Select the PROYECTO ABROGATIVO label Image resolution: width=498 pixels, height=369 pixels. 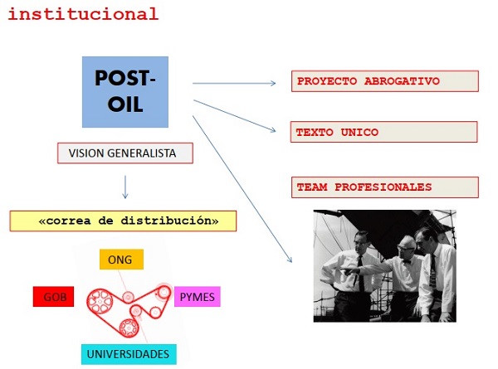tap(385, 81)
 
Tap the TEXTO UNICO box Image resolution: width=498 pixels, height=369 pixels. tap(384, 132)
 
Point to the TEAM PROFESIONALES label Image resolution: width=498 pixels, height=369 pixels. tap(385, 187)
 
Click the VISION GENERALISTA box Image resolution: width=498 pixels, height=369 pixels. tap(125, 153)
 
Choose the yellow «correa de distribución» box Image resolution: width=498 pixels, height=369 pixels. tap(123, 221)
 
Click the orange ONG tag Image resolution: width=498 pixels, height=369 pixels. tap(121, 260)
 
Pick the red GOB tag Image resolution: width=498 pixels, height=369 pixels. tap(55, 296)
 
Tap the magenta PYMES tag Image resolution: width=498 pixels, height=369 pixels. tap(197, 296)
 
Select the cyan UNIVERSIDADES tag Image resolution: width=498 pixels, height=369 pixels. tap(129, 354)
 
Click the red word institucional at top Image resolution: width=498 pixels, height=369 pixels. tap(82, 13)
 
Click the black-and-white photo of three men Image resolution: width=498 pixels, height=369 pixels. tap(384, 265)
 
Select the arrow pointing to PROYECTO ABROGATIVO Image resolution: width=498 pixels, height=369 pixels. tap(236, 83)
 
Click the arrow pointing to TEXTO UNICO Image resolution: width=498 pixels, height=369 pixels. tap(236, 115)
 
